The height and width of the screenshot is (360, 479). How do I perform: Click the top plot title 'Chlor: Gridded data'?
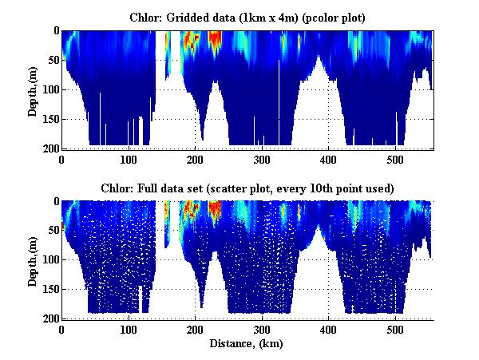click(x=247, y=17)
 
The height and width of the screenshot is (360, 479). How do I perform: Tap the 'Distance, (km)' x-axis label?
click(x=247, y=342)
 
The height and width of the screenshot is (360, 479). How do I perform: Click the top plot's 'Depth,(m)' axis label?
click(x=33, y=90)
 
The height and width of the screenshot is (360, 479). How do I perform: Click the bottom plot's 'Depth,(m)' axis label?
click(x=33, y=260)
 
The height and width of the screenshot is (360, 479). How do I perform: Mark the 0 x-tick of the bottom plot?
click(x=62, y=329)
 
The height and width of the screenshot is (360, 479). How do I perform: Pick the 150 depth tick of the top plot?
click(x=48, y=119)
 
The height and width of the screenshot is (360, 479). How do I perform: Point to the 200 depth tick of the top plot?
click(x=48, y=148)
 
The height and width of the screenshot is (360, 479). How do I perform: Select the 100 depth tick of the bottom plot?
click(x=48, y=260)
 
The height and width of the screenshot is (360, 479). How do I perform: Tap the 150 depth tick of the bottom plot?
click(x=48, y=289)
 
